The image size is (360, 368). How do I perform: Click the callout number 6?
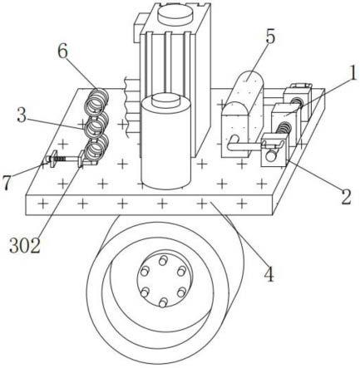(63, 52)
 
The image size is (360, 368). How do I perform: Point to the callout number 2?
(346, 197)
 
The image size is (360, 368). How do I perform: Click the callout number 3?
(22, 115)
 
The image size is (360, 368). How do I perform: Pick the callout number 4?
(269, 274)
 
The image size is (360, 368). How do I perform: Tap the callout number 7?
(7, 184)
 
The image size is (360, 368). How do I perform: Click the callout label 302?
(25, 246)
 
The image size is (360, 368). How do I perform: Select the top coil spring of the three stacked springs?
(96, 101)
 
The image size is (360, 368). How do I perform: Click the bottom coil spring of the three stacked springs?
(96, 150)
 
